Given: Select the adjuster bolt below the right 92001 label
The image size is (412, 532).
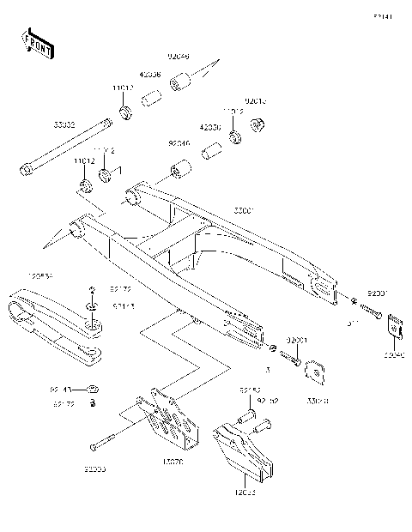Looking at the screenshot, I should (372, 311).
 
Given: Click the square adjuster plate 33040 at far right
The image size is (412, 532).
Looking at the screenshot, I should (395, 328).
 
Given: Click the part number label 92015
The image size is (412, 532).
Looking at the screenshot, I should (257, 100).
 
